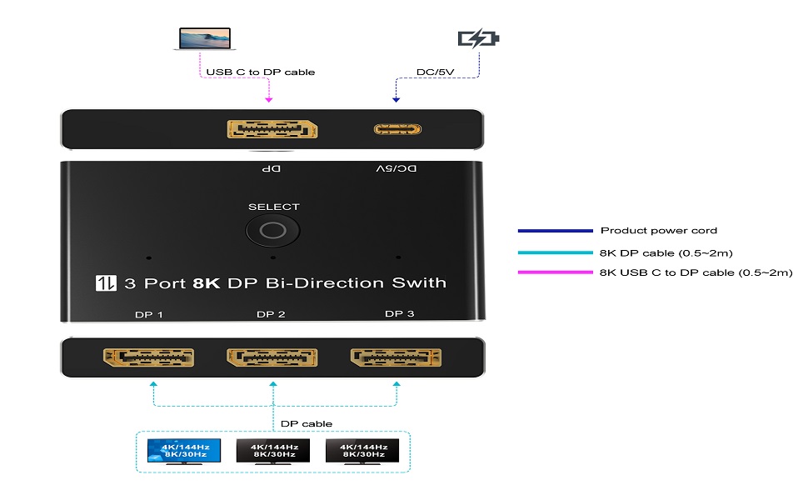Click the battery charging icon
pyautogui.click(x=479, y=38)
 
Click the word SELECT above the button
pyautogui.click(x=273, y=207)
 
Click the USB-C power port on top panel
pyautogui.click(x=398, y=129)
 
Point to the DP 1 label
pyautogui.click(x=148, y=314)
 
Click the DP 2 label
pyautogui.click(x=272, y=314)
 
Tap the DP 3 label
pyautogui.click(x=398, y=314)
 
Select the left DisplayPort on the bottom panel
pyautogui.click(x=148, y=358)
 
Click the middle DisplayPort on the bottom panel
pyautogui.click(x=272, y=358)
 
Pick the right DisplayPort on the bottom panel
pyautogui.click(x=397, y=358)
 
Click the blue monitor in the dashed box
pyautogui.click(x=184, y=451)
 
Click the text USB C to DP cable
pyautogui.click(x=260, y=72)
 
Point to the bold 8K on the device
pyautogui.click(x=205, y=282)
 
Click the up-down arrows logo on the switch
pyautogui.click(x=106, y=282)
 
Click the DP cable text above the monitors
pyautogui.click(x=306, y=423)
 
